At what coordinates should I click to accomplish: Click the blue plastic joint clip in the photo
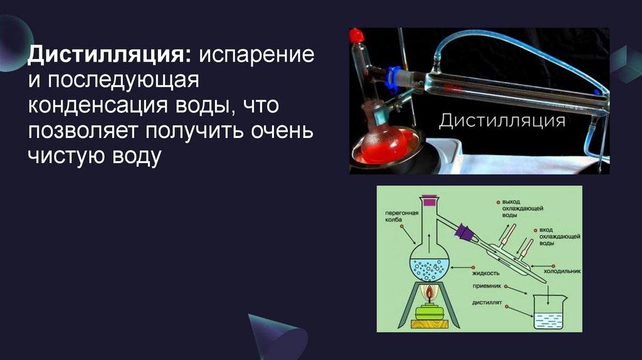(394, 76)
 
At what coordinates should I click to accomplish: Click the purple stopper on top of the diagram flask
(429, 202)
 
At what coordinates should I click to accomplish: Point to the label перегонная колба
(398, 216)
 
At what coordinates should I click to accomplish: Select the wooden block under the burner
(429, 324)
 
